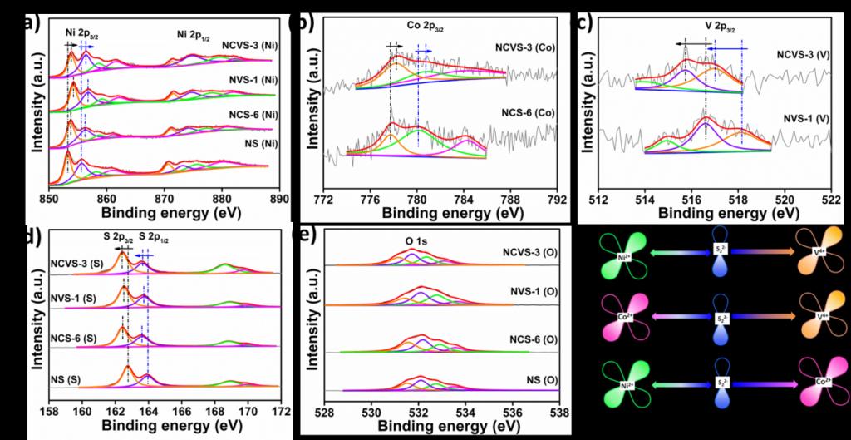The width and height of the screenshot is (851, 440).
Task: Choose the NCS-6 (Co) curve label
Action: (527, 112)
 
